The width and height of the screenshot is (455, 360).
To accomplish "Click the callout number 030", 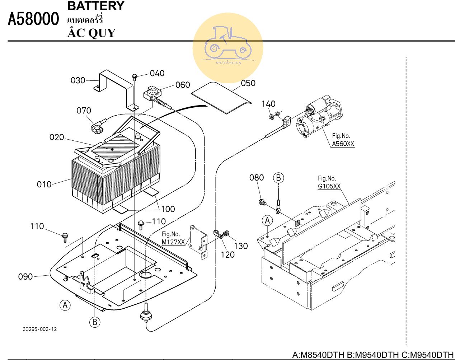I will click(x=78, y=80).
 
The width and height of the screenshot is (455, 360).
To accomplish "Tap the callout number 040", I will click(x=157, y=74).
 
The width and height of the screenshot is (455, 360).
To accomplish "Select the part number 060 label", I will click(x=183, y=85).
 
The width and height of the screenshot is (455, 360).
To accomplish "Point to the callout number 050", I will click(x=248, y=83).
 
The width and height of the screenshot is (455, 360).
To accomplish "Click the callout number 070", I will click(x=84, y=111).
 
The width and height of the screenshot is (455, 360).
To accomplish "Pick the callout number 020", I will click(x=57, y=137).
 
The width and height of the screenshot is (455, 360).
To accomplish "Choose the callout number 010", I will click(x=44, y=184).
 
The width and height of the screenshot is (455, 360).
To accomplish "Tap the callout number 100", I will click(x=168, y=209).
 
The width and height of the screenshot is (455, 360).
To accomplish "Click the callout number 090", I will click(x=25, y=277).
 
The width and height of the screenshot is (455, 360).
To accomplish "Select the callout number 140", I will click(x=268, y=104).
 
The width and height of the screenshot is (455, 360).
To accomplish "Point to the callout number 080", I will click(x=257, y=178).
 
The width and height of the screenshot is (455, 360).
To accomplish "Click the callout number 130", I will click(x=241, y=246).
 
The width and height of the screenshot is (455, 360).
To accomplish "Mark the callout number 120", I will click(x=227, y=255).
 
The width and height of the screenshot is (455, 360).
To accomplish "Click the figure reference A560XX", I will click(x=343, y=144).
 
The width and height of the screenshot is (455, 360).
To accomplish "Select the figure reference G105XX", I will click(x=329, y=186).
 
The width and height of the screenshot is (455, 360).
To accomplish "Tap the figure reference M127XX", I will click(x=173, y=242).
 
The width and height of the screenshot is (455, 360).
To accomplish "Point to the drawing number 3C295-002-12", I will click(x=39, y=329).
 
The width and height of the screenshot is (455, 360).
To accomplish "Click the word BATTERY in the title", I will click(x=96, y=6).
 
